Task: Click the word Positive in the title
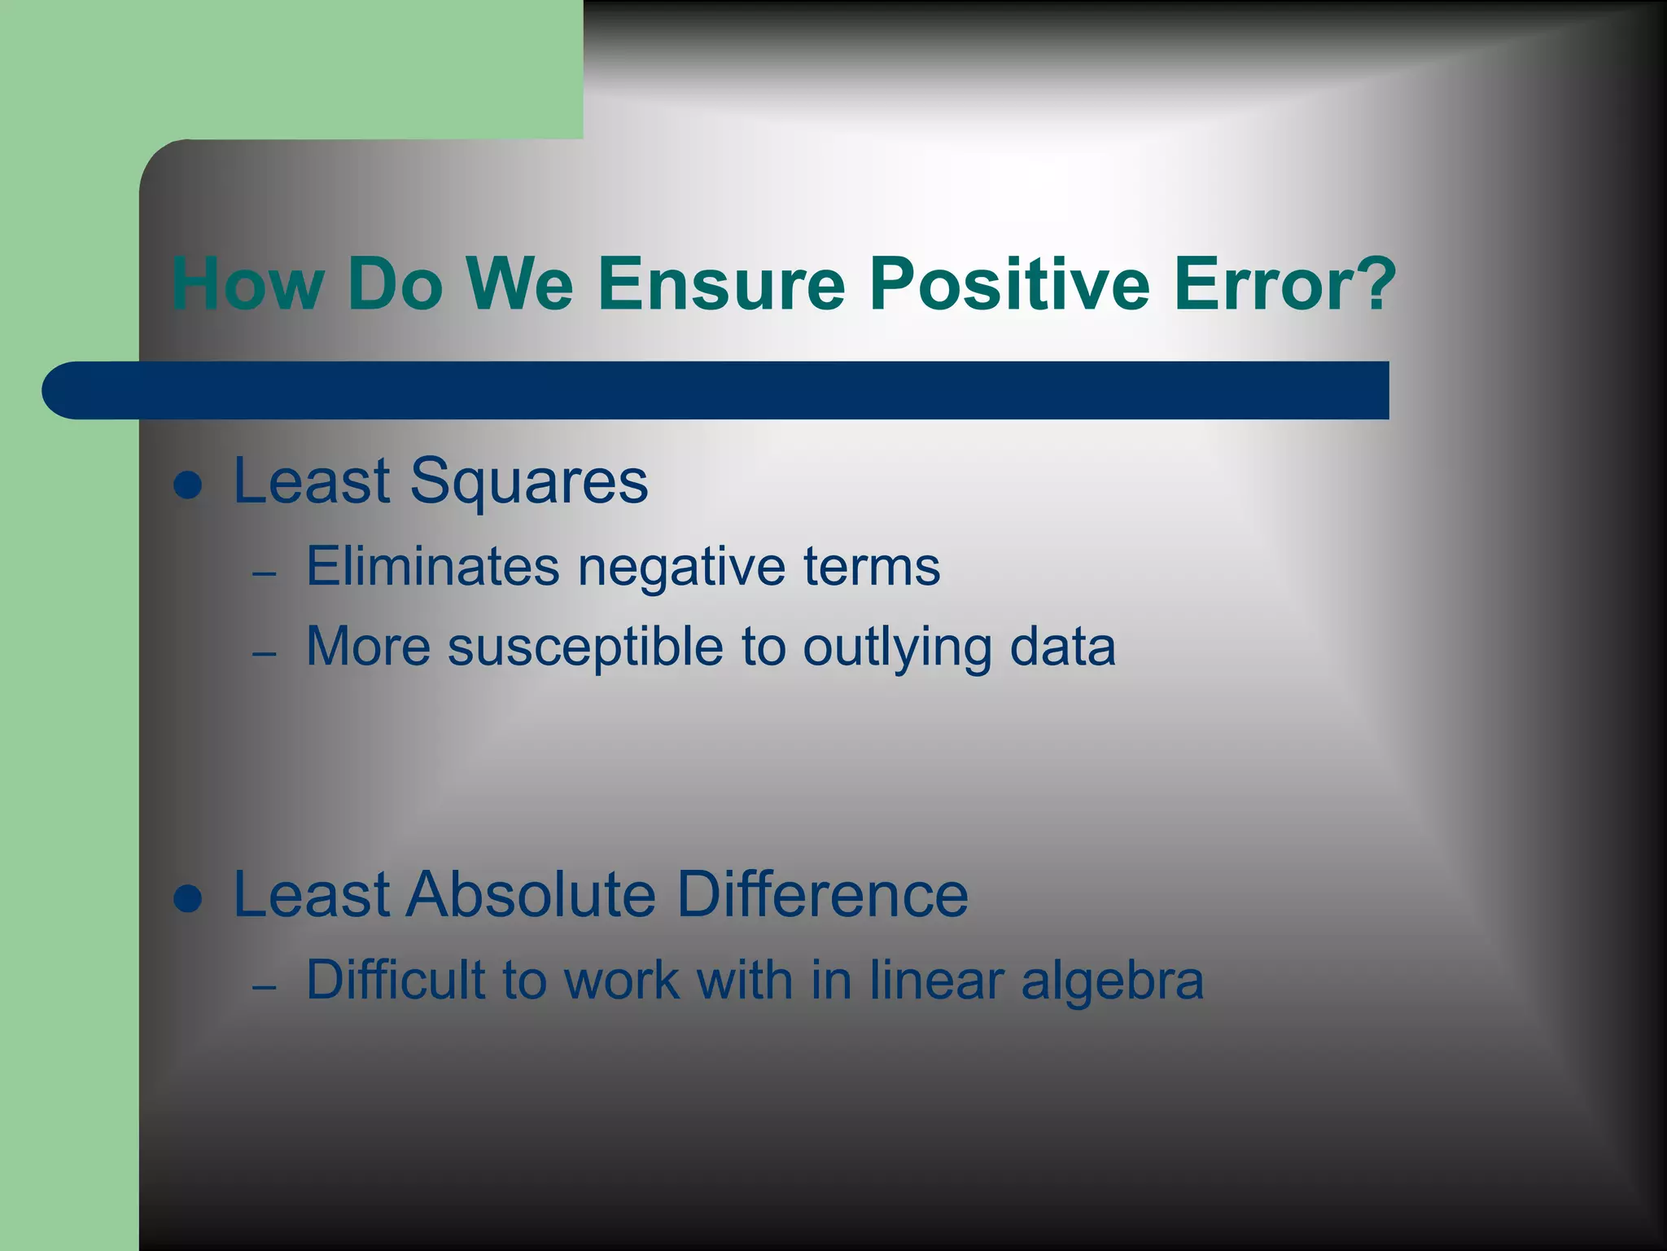point(1009,283)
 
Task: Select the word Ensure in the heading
point(721,283)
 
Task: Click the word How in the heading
point(247,283)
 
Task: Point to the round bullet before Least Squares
point(188,486)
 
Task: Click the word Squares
point(528,482)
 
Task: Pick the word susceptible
point(584,648)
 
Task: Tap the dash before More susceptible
point(265,654)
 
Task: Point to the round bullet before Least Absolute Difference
point(188,900)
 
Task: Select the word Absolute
point(531,894)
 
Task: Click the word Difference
point(822,894)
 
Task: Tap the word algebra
point(1112,980)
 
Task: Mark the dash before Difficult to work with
point(265,987)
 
